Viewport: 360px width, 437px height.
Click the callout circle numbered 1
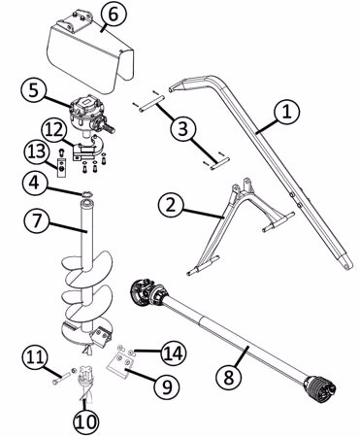pos(287,111)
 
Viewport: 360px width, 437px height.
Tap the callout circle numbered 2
pos(171,205)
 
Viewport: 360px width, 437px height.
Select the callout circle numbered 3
pos(183,128)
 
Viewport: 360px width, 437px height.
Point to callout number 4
pos(35,183)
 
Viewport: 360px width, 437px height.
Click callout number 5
pos(34,90)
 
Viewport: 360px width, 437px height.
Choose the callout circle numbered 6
pos(113,16)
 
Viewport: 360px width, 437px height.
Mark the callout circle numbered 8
pos(229,378)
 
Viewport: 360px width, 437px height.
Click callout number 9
pos(167,387)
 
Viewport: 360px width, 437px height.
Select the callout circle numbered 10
pos(85,421)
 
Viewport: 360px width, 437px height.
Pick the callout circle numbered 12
pos(53,130)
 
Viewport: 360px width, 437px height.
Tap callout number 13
pos(37,151)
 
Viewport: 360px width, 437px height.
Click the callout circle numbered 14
pos(174,353)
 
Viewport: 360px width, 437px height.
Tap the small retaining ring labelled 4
pos(86,194)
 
